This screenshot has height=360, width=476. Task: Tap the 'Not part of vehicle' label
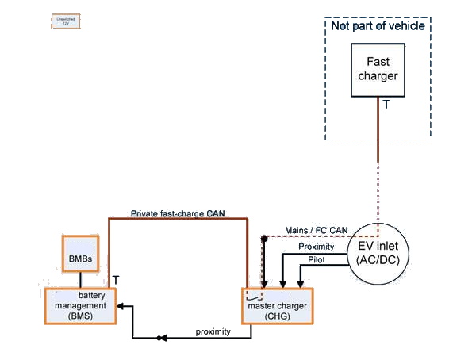(378, 26)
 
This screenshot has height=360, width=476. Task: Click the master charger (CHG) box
(278, 305)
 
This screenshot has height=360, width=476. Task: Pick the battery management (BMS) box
(81, 305)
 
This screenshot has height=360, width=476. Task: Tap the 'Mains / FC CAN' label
(316, 231)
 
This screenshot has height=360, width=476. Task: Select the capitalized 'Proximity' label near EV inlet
(316, 247)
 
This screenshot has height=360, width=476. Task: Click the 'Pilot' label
(316, 260)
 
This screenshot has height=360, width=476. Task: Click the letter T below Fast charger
(386, 104)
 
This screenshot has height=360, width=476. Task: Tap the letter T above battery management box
(116, 280)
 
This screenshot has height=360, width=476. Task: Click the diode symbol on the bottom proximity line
(161, 339)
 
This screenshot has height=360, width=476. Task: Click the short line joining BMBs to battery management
(80, 280)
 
